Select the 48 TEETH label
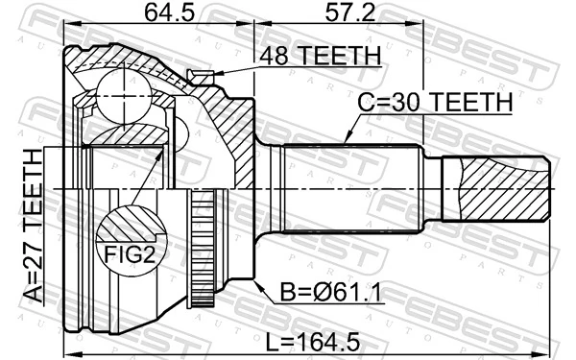(311, 56)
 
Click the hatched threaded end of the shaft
(499, 181)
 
